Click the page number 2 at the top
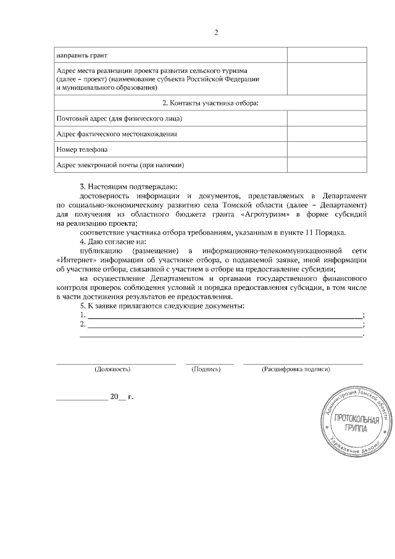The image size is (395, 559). point(216,33)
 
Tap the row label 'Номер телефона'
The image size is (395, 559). point(81,149)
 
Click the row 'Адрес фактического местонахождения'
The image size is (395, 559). point(117,134)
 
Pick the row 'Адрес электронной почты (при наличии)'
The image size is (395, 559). point(120,165)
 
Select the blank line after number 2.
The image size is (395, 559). point(225,325)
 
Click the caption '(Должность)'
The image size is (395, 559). point(112,369)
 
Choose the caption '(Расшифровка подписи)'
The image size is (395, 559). point(296,369)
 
